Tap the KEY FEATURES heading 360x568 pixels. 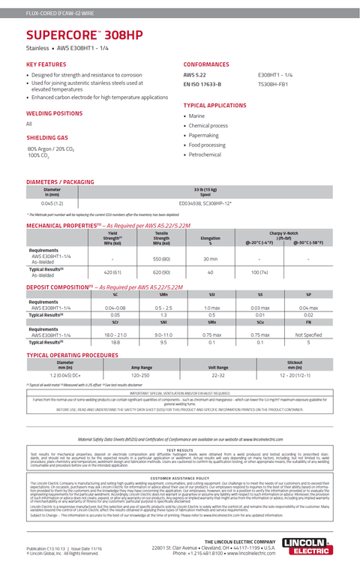(x=46, y=65)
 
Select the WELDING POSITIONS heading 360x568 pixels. (x=55, y=113)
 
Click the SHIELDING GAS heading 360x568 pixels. (x=47, y=138)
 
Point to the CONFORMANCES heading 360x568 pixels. (x=206, y=65)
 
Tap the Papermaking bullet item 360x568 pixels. (x=203, y=135)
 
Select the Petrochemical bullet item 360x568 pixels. (x=205, y=155)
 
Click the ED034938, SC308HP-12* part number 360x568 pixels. (x=205, y=203)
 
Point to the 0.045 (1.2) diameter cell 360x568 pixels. (x=52, y=203)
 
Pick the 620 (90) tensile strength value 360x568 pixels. (x=161, y=272)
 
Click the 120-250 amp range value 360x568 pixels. (x=141, y=374)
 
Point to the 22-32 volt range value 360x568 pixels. (x=217, y=374)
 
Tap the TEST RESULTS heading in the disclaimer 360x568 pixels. (x=180, y=449)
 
